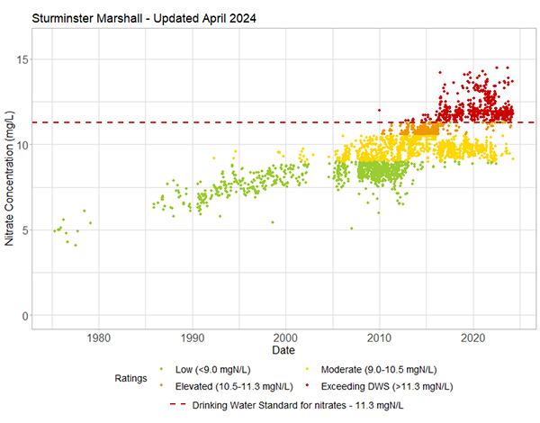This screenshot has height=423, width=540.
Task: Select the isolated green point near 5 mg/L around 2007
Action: [351, 229]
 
